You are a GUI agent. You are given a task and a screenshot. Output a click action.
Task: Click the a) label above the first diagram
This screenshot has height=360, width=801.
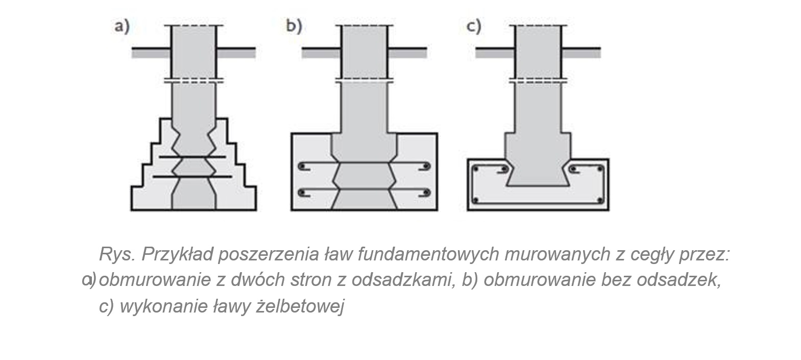122,26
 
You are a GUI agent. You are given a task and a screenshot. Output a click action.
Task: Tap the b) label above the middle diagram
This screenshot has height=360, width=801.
294,26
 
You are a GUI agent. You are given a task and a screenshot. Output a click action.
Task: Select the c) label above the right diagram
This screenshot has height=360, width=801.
474,26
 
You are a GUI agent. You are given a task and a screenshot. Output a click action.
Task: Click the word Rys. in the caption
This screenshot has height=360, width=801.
116,254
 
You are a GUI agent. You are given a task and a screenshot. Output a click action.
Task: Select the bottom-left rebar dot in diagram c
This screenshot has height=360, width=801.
476,200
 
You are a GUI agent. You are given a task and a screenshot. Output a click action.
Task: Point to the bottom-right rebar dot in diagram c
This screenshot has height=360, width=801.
600,200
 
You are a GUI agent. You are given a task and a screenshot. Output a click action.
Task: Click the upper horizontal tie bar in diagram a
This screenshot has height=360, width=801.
192,157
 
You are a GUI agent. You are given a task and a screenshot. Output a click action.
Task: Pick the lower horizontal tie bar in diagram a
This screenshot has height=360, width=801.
192,177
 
